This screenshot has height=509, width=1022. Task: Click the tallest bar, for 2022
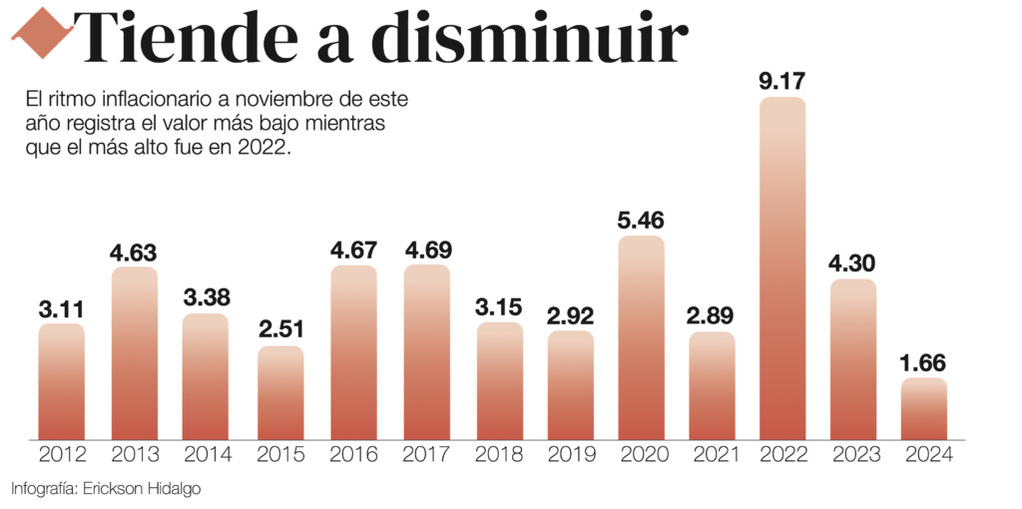click(x=782, y=268)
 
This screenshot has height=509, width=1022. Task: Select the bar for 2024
click(x=923, y=408)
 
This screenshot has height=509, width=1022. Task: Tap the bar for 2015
click(x=280, y=393)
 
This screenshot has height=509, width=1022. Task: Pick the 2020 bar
click(x=641, y=337)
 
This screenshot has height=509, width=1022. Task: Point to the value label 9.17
click(x=782, y=82)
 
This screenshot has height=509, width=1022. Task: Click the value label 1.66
click(x=923, y=362)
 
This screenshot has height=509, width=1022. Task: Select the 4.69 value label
click(x=427, y=251)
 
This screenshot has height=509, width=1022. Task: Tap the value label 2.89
click(x=712, y=316)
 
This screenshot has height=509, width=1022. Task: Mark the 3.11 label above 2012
click(x=61, y=309)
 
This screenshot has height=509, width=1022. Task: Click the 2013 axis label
click(x=135, y=455)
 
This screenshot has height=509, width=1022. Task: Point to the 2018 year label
click(x=499, y=455)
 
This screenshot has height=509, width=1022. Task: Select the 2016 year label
click(x=354, y=455)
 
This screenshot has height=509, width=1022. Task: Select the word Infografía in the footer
click(x=44, y=488)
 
